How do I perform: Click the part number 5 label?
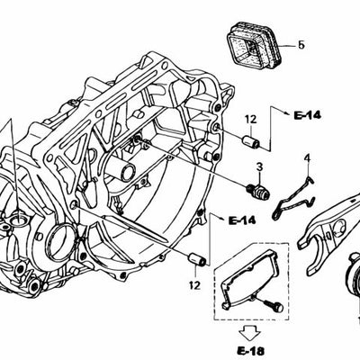click(301, 43)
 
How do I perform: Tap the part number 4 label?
click(306, 159)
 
